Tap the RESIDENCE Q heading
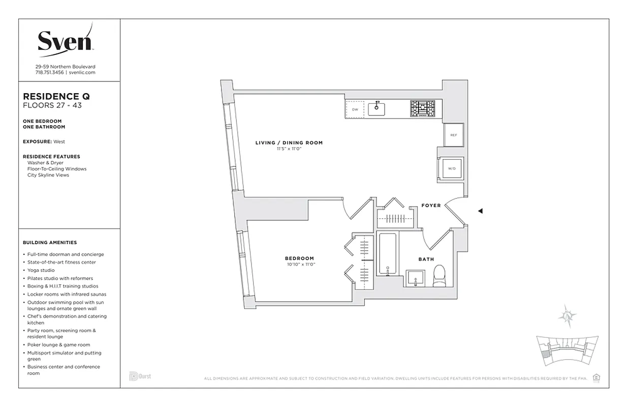pyautogui.click(x=57, y=96)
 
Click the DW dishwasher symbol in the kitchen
pyautogui.click(x=355, y=109)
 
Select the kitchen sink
pyautogui.click(x=377, y=109)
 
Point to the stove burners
pyautogui.click(x=423, y=109)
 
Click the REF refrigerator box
pyautogui.click(x=453, y=135)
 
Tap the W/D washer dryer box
pyautogui.click(x=451, y=168)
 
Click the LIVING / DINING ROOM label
pyautogui.click(x=289, y=143)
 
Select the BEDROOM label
pyautogui.click(x=299, y=258)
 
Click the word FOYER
pyautogui.click(x=431, y=206)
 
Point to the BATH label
pyautogui.click(x=426, y=259)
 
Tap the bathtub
pyautogui.click(x=388, y=254)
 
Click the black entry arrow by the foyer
pyautogui.click(x=480, y=211)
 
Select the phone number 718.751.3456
pyautogui.click(x=49, y=73)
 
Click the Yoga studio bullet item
pyautogui.click(x=41, y=270)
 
